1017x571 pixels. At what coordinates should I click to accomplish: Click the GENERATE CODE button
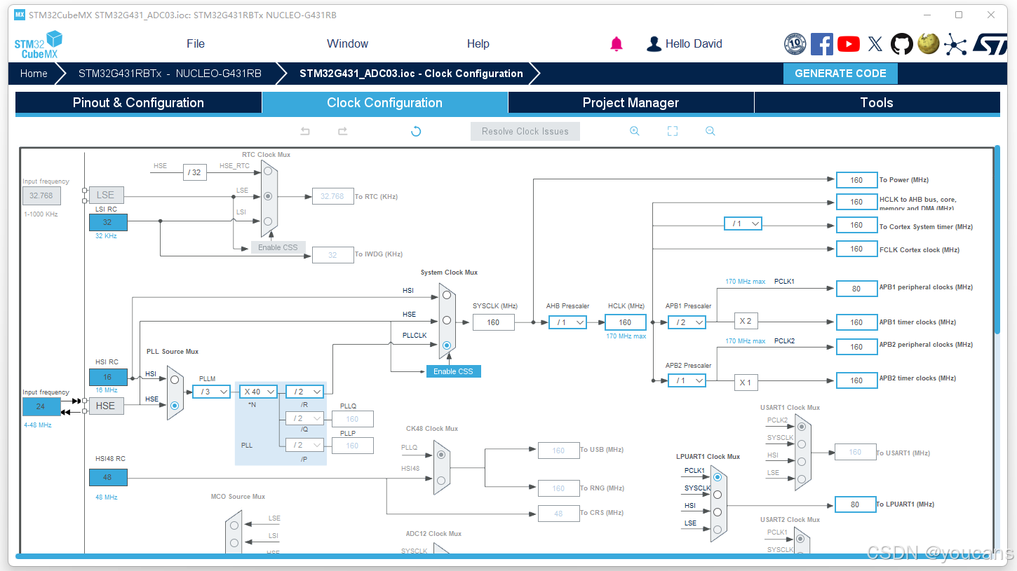coord(840,74)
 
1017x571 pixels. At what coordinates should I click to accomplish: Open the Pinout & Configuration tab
coord(138,103)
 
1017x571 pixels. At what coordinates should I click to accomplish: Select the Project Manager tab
coord(631,103)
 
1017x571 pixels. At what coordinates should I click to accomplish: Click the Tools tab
coord(876,103)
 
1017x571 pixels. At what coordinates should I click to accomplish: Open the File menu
coord(196,43)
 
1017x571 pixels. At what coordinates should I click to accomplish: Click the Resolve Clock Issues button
coord(525,131)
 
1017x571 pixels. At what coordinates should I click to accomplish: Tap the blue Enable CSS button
coord(453,371)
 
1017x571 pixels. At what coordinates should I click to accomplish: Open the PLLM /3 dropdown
coord(212,392)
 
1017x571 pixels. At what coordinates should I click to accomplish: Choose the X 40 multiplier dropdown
coord(258,392)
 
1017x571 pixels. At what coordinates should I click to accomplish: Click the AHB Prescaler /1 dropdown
coord(567,322)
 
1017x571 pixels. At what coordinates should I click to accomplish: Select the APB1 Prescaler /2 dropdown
coord(687,322)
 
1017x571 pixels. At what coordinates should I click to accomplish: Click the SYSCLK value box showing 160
coord(493,322)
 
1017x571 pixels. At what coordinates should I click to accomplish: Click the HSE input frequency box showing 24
coord(41,406)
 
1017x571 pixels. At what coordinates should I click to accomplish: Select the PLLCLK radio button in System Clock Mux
coord(447,345)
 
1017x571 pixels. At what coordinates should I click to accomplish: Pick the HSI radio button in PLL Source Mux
coord(175,379)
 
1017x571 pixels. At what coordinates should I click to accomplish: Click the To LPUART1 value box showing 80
coord(855,504)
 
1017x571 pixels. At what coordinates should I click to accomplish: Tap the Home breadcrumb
coord(34,74)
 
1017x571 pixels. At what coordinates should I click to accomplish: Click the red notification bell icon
coord(617,44)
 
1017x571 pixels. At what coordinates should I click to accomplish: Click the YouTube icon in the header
coord(849,44)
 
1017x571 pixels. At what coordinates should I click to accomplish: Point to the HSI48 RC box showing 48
coord(108,477)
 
